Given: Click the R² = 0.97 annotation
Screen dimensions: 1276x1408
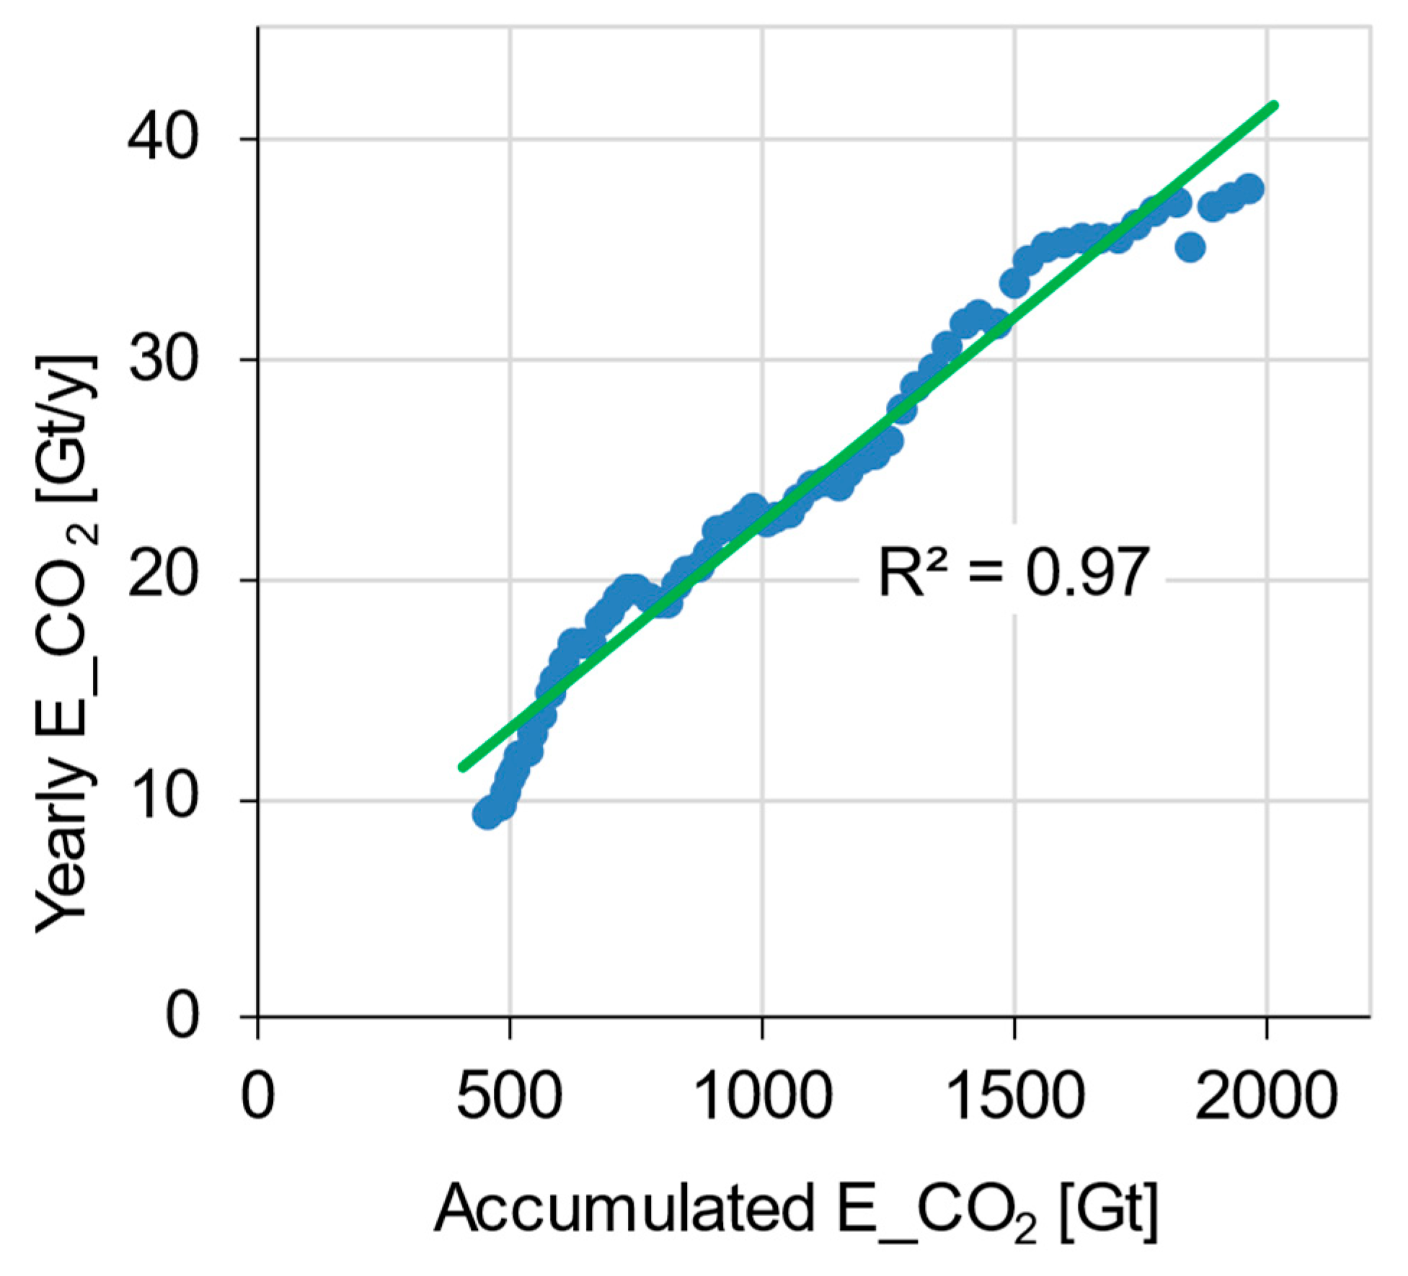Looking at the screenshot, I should click(x=1012, y=574).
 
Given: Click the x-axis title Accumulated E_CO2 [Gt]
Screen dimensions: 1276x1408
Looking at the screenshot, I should click(x=796, y=1210).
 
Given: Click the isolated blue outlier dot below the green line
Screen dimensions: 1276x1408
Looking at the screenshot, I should click(x=1190, y=248).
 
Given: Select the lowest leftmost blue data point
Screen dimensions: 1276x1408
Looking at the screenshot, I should click(x=488, y=815).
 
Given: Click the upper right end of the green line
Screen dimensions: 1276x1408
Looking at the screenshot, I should click(x=1274, y=106).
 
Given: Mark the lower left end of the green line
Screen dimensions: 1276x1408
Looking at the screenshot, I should click(x=462, y=768).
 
